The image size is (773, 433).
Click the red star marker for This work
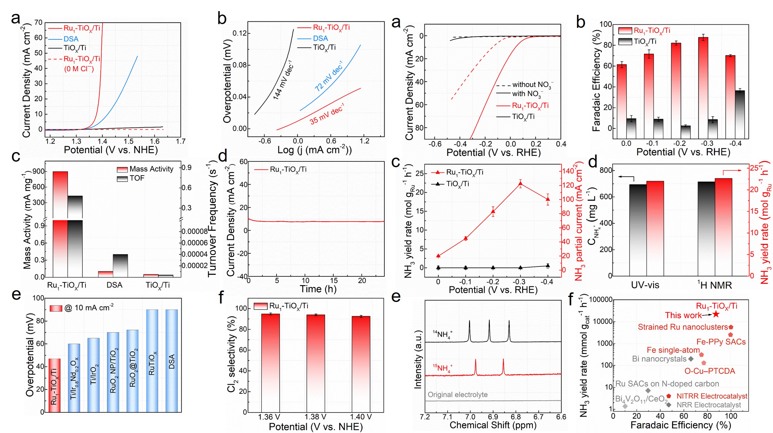tap(716, 314)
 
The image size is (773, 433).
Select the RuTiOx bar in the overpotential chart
tap(152, 360)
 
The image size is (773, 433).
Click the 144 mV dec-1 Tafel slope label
tap(283, 80)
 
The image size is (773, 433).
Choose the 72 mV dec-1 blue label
tap(328, 76)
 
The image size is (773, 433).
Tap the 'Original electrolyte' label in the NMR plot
tap(458, 395)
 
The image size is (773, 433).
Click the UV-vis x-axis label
tap(645, 285)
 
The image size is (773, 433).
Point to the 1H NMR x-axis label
tap(714, 285)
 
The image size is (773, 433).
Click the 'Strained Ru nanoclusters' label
tap(683, 327)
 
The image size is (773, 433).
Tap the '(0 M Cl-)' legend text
tap(79, 69)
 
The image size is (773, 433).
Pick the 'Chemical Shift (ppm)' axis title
tap(493, 425)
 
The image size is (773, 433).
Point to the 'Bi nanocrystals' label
tap(659, 359)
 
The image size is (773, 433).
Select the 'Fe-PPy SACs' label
tap(721, 342)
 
